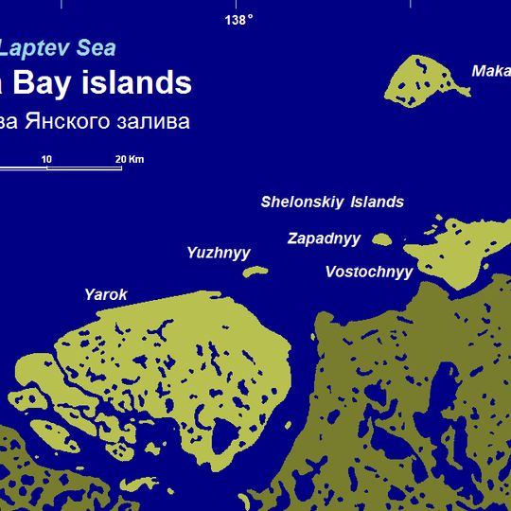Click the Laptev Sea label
(x=58, y=47)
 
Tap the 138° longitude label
(x=238, y=20)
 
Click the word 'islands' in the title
(x=134, y=82)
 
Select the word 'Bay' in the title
(x=39, y=82)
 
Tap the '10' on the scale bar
(x=45, y=158)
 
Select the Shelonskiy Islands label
(x=332, y=202)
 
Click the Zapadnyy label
(x=324, y=238)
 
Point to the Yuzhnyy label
(x=219, y=253)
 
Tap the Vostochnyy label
(x=369, y=273)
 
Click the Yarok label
(x=105, y=295)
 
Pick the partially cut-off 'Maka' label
(x=490, y=71)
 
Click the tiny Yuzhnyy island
(x=255, y=272)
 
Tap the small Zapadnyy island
(x=382, y=240)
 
